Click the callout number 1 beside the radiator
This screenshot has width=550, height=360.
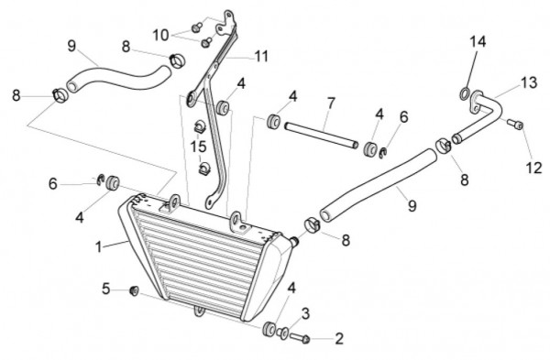tap(99, 246)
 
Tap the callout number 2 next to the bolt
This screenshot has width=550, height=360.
tap(339, 339)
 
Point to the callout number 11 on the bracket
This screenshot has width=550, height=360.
tap(261, 56)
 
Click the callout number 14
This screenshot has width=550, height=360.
tap(478, 42)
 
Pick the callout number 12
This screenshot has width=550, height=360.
tap(533, 169)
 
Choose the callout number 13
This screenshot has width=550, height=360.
tap(529, 83)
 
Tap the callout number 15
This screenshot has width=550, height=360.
tap(198, 147)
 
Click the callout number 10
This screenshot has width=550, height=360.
tap(160, 35)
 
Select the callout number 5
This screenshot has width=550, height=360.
tap(106, 289)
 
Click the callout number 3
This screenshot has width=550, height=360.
tap(305, 314)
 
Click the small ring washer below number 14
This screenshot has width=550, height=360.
tap(465, 93)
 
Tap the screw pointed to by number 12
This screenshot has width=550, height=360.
tap(515, 124)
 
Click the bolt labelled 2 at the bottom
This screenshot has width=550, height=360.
tap(300, 338)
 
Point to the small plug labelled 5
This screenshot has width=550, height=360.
tap(134, 290)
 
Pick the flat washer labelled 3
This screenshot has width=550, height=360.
tap(282, 333)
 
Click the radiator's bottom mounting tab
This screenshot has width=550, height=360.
tap(199, 311)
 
